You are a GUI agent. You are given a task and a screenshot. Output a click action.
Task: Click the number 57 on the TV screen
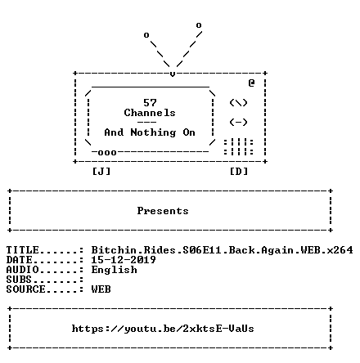coord(150,103)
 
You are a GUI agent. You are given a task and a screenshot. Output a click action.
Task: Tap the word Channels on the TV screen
coord(150,113)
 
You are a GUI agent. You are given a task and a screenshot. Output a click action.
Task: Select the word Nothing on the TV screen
coord(153,132)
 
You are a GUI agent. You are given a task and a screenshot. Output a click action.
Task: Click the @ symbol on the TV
coord(251,83)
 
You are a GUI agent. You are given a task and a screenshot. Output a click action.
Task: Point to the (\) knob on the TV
coord(238,103)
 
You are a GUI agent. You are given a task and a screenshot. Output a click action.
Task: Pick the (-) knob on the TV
coord(238,122)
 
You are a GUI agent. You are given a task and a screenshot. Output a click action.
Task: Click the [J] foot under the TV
coord(101,172)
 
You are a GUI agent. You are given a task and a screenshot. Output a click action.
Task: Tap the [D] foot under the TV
coord(239,172)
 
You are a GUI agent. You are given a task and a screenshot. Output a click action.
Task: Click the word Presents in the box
coord(163,211)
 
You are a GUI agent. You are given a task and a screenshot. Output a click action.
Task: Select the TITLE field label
coord(23,250)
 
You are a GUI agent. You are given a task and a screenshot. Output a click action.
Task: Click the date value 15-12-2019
coord(124,260)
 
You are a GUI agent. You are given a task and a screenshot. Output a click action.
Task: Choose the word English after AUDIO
coord(114,270)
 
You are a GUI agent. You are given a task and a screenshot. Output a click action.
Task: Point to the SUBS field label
coord(19,280)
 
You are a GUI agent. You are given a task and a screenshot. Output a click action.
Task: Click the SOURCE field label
coord(26,289)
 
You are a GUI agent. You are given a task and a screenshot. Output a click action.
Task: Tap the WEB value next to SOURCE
coord(101,289)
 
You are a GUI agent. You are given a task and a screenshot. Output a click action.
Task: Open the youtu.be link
coord(163,329)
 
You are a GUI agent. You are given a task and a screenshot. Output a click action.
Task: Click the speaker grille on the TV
coord(238,147)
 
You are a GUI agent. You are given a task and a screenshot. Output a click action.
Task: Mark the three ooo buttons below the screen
coord(107,153)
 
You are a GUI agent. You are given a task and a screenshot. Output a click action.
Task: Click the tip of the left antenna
coord(146,35)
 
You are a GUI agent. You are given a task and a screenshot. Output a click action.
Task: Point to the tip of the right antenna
coord(199,25)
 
